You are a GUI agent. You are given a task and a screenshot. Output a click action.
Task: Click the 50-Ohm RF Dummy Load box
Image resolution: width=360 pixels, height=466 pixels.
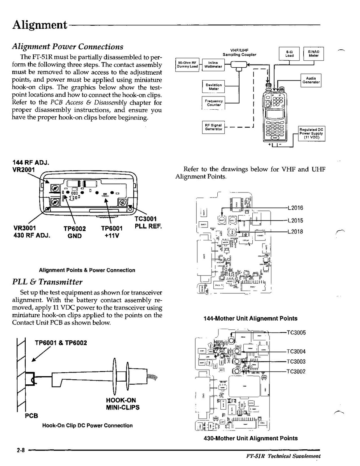188,65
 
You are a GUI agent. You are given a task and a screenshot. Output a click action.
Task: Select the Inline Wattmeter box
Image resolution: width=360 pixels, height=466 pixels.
213,65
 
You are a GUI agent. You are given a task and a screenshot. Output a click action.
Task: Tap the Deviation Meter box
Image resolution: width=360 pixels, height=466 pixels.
213,87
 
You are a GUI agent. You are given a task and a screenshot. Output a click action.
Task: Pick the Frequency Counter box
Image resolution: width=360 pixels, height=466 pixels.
213,103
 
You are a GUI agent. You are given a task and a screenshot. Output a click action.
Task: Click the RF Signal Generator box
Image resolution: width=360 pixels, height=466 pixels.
213,127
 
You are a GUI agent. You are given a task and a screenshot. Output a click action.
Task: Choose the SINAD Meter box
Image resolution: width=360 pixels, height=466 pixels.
313,54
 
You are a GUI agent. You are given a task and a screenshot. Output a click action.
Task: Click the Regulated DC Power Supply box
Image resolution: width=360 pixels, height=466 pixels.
311,133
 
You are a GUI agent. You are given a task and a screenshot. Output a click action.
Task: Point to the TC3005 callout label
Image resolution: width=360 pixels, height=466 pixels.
296,333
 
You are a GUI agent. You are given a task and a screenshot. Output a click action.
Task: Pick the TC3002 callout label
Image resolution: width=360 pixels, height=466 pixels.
296,371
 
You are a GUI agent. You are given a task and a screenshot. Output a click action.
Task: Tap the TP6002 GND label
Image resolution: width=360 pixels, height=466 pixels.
74,232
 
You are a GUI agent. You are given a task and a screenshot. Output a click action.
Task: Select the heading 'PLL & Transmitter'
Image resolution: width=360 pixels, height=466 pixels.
47,282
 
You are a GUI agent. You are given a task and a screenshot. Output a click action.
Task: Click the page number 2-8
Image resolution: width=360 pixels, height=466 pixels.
21,450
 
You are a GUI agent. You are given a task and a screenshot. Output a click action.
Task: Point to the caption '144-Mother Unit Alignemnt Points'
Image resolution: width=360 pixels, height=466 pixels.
250,319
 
